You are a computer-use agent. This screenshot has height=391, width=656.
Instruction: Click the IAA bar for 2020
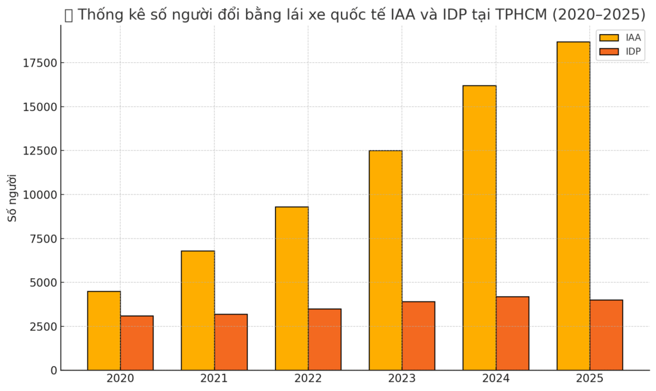click(x=104, y=331)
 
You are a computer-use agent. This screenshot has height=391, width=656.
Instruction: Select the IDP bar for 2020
click(x=136, y=343)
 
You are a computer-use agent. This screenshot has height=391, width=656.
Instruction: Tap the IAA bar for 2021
click(x=198, y=310)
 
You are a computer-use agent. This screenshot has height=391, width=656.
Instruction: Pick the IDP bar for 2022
click(x=324, y=340)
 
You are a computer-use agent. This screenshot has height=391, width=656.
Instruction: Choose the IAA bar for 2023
click(x=386, y=260)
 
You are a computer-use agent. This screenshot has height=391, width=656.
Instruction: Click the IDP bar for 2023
click(x=418, y=336)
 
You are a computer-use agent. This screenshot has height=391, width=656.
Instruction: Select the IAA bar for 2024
click(x=479, y=228)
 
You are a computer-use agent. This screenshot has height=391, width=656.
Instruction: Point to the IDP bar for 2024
click(x=512, y=333)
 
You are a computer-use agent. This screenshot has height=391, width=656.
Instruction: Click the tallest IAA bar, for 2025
click(x=573, y=206)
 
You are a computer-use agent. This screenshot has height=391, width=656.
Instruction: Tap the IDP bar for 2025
click(x=606, y=335)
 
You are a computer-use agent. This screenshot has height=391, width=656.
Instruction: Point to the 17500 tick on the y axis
click(x=39, y=63)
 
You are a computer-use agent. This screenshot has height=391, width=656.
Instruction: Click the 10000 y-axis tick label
click(x=39, y=195)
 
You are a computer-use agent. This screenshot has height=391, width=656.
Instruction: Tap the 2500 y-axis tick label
click(x=42, y=327)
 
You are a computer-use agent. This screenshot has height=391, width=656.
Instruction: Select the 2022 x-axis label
click(x=307, y=379)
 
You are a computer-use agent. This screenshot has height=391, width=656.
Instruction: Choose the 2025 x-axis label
click(x=589, y=379)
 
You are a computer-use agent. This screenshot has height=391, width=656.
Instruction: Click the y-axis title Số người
click(x=12, y=197)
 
